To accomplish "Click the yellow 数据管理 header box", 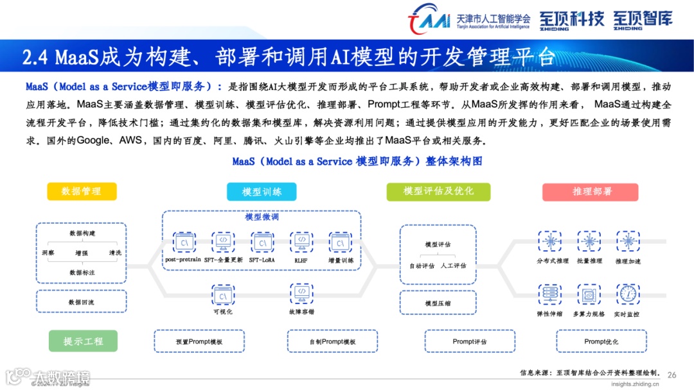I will coord(82,191).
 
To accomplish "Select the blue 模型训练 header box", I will coord(262,192).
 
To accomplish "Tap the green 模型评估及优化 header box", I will coord(438,191).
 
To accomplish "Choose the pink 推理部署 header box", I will coord(590,192).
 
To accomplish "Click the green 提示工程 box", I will coord(83,341).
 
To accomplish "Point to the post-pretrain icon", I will coord(184,242).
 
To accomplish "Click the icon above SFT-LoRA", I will coord(262,242).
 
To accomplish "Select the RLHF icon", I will coord(301,242).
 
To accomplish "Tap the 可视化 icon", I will coord(223,295).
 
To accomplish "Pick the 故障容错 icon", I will coord(301,295).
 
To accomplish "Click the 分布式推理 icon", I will coord(551,241).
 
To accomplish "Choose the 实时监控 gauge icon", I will coord(628,294).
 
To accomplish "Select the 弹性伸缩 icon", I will coord(549,294).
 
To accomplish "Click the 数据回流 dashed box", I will coord(82,301).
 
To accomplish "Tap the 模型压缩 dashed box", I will coord(438,303).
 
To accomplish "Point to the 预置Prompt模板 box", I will coord(199,342).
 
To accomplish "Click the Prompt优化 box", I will coord(601,341).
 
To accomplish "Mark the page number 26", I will coord(672,375).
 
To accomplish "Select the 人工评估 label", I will coord(454,265).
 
